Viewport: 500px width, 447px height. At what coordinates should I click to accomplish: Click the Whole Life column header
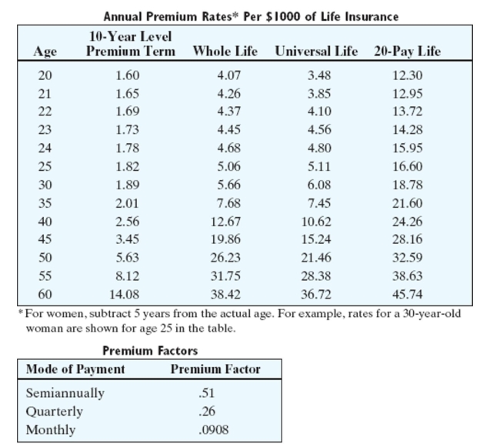pyautogui.click(x=225, y=52)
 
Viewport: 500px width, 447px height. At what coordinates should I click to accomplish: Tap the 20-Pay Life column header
pyautogui.click(x=407, y=52)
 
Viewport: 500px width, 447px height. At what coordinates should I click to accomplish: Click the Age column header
pyautogui.click(x=45, y=52)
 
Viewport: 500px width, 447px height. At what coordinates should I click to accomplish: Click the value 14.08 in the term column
pyautogui.click(x=127, y=293)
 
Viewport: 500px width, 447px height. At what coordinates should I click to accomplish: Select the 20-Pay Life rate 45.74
pyautogui.click(x=407, y=293)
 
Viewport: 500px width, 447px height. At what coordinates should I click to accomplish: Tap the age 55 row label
pyautogui.click(x=45, y=275)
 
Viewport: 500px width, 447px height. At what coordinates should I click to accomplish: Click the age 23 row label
pyautogui.click(x=45, y=129)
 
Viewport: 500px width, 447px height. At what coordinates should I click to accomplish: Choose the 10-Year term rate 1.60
pyautogui.click(x=127, y=75)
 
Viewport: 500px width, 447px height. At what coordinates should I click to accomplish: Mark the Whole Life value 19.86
pyautogui.click(x=225, y=240)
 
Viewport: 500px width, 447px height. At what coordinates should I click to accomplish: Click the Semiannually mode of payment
pyautogui.click(x=65, y=393)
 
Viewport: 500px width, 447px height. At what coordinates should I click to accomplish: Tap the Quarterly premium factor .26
pyautogui.click(x=206, y=412)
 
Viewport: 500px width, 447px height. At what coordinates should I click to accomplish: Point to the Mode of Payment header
pyautogui.click(x=75, y=369)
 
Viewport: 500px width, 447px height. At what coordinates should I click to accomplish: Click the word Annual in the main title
pyautogui.click(x=121, y=15)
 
